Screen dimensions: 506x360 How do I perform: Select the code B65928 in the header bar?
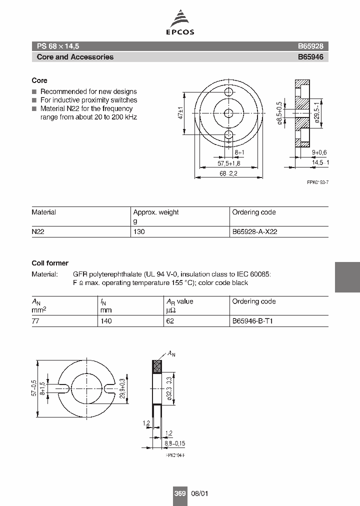[310, 45]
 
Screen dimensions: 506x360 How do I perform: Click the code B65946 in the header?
[310, 57]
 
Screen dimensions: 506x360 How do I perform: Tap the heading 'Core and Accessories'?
[75, 57]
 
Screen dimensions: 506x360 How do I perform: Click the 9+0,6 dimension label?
[319, 152]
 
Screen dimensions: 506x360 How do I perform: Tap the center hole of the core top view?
[229, 113]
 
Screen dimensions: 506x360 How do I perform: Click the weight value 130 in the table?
[139, 232]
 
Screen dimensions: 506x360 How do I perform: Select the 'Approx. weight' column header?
[155, 212]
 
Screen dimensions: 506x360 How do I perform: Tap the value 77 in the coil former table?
[35, 321]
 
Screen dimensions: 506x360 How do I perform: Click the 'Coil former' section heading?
[50, 263]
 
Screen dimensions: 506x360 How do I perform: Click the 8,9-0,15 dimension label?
[174, 443]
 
